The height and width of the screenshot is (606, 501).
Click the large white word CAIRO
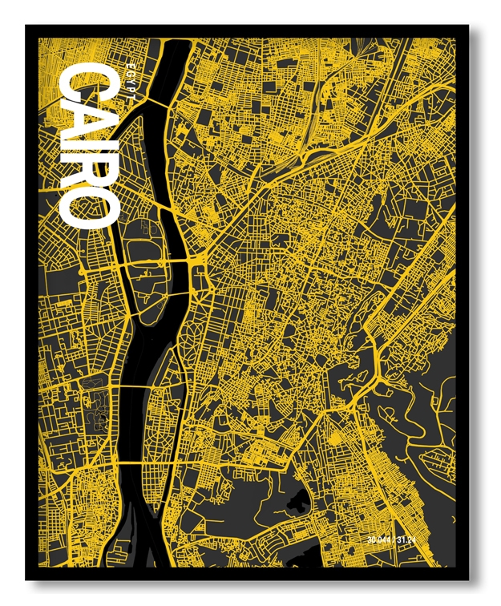point(90,147)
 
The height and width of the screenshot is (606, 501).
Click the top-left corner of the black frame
point(26,26)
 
